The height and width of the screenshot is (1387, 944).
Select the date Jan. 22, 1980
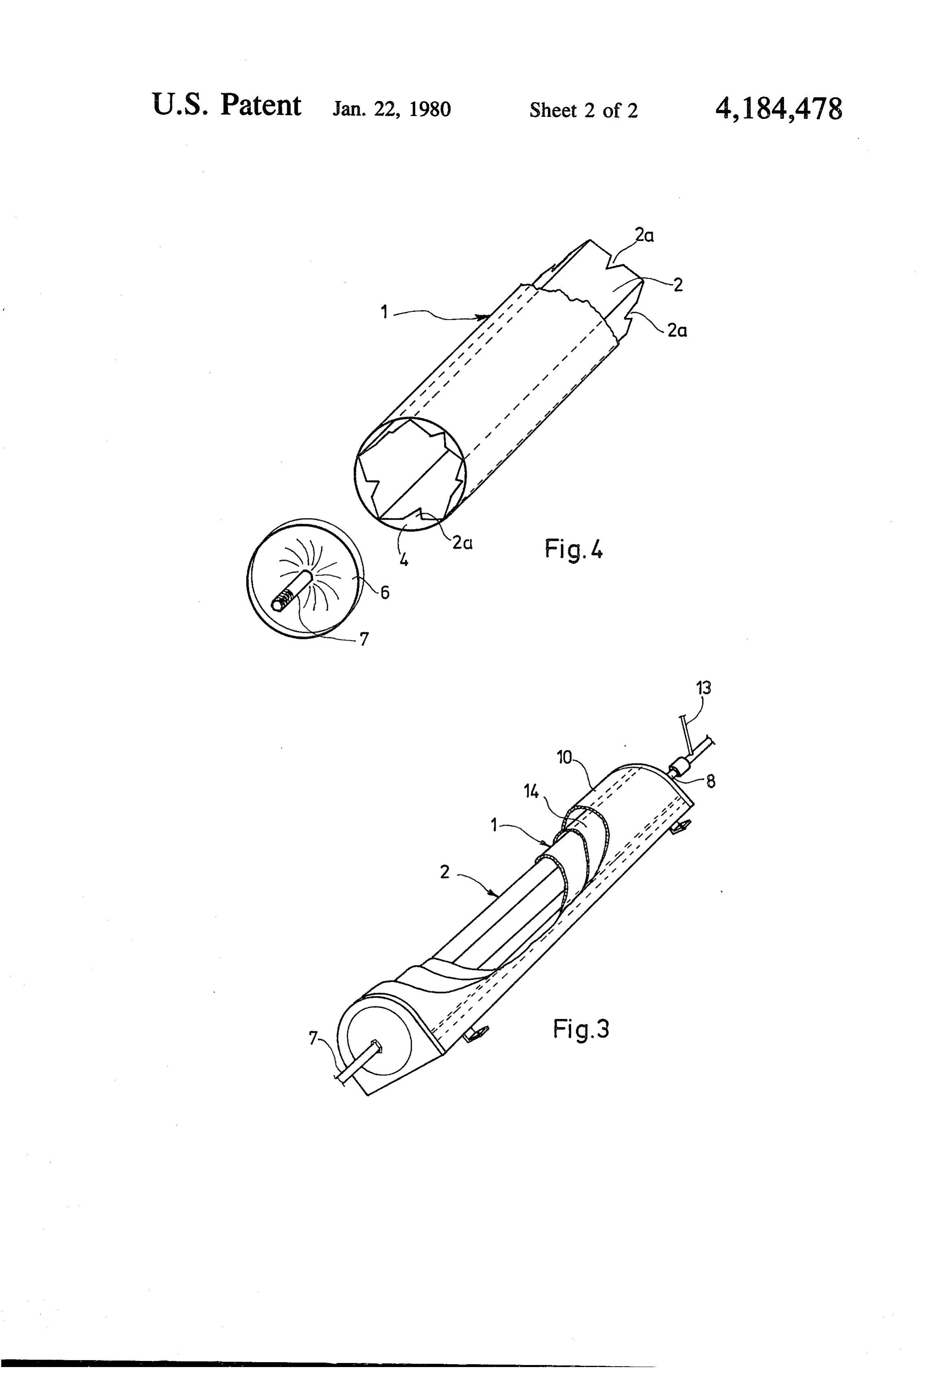391,109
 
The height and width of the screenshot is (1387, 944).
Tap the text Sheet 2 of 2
583,110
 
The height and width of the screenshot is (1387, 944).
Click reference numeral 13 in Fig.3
704,688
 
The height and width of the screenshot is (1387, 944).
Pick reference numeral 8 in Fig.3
711,781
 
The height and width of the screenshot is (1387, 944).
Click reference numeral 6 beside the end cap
385,593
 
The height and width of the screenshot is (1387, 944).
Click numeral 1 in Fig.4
385,311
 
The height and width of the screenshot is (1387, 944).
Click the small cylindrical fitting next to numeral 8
681,767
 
